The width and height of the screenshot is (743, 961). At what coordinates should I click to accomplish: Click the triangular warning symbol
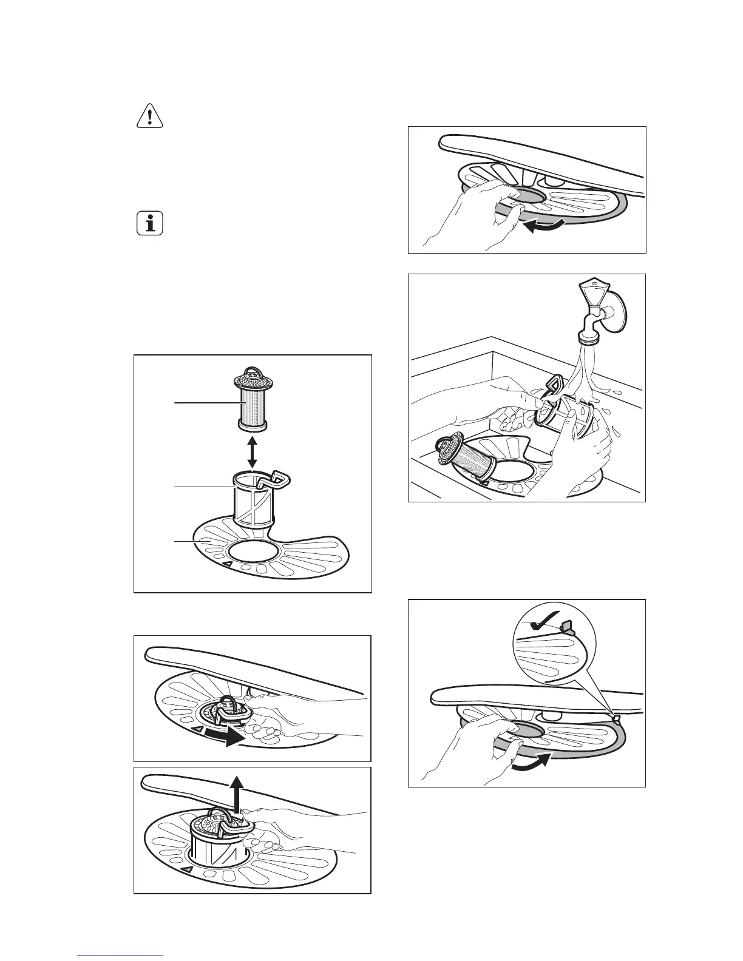coord(149,116)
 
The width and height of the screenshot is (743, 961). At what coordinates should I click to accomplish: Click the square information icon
coord(149,224)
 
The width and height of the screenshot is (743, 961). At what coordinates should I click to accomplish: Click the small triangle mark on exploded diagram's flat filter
coord(226,565)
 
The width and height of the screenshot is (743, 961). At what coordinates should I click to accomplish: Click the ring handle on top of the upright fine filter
coord(251,369)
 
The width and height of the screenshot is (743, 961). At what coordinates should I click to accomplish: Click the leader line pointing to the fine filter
coord(203,402)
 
